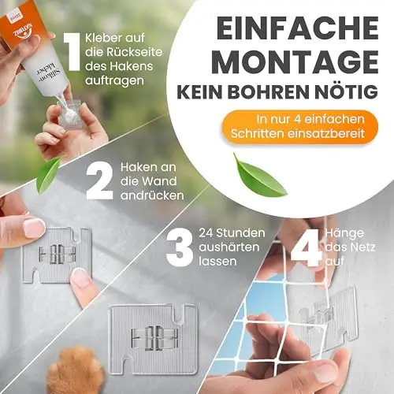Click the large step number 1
[71, 52]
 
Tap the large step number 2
[100, 180]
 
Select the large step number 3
[180, 247]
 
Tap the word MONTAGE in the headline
[297, 62]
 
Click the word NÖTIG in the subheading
[351, 90]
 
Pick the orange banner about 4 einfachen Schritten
[300, 127]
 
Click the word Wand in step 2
[162, 181]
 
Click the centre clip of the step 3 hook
[154, 336]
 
